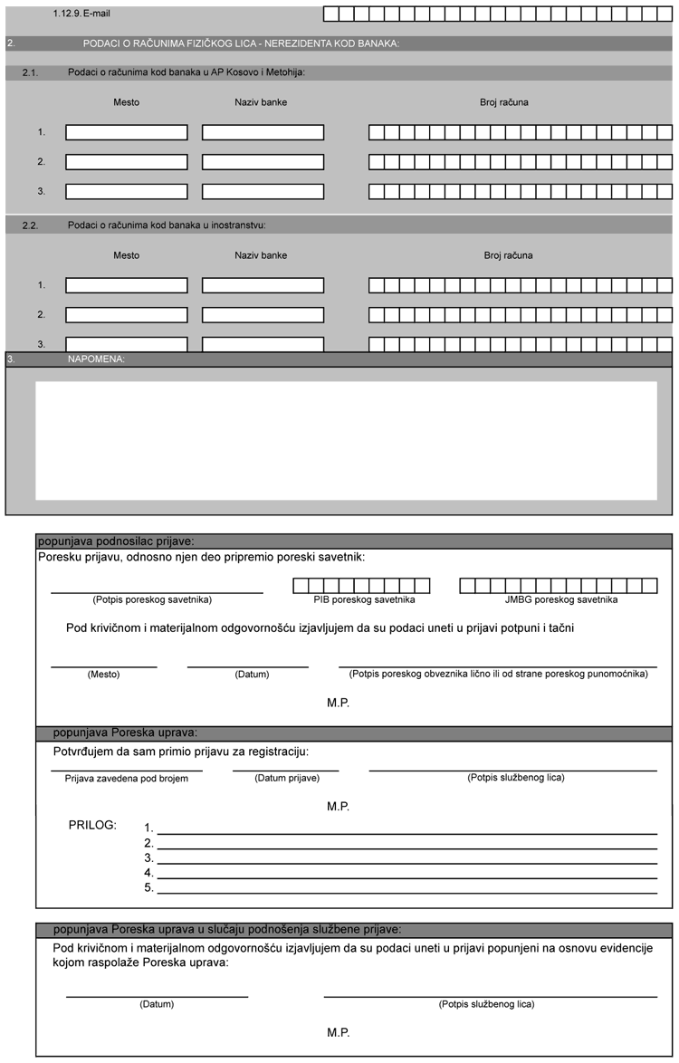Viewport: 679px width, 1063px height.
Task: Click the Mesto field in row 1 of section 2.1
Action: (127, 132)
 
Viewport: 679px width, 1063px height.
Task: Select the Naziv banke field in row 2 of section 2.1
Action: (263, 162)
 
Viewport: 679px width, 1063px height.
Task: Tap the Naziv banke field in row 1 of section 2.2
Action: (263, 285)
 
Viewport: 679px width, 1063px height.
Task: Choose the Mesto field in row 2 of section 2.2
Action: (127, 315)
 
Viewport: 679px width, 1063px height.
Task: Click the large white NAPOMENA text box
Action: (346, 440)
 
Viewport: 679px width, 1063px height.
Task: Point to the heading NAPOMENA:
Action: (97, 359)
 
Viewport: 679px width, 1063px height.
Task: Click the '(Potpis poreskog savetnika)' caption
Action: (152, 600)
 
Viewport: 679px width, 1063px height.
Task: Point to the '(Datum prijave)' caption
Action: (286, 778)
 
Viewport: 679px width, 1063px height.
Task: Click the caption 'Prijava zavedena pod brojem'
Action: (127, 779)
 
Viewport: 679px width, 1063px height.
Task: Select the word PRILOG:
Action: (92, 825)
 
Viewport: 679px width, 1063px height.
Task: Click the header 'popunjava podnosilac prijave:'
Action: (110, 541)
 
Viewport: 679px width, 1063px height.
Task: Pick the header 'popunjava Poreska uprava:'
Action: (125, 733)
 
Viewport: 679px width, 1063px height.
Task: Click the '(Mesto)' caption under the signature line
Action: (103, 675)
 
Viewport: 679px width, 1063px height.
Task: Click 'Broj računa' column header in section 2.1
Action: (504, 102)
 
